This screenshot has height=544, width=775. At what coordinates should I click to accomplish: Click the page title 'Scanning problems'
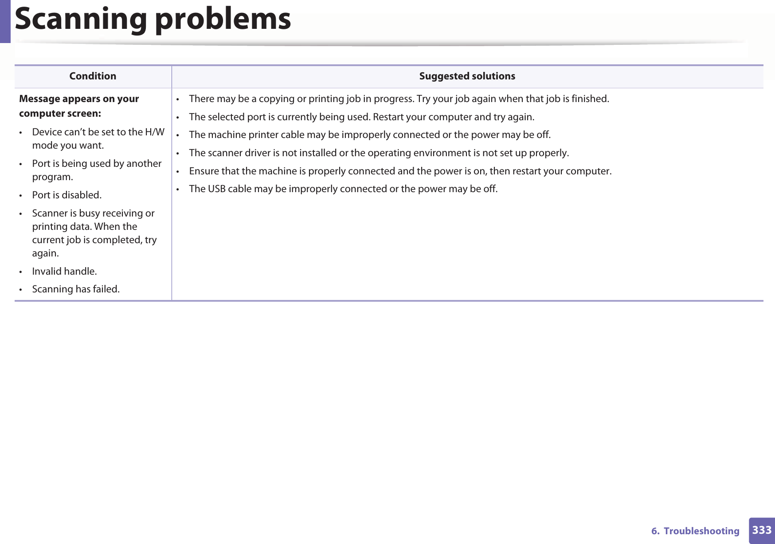tap(153, 20)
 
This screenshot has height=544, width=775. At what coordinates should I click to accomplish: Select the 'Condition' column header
tap(93, 76)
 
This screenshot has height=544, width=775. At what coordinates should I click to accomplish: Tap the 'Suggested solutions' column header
tap(467, 76)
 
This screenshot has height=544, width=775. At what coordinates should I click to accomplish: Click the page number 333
tap(762, 530)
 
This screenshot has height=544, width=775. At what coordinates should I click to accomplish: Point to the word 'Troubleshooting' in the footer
tap(701, 531)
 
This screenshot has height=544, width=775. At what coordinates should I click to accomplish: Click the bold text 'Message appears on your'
tap(79, 99)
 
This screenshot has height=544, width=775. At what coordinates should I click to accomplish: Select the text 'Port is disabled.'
tap(67, 195)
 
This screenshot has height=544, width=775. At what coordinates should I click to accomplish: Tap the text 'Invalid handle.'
tap(64, 272)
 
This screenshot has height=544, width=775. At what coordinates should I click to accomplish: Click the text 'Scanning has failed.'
tap(76, 289)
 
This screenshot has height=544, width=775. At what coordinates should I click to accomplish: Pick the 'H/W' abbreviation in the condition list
tap(155, 132)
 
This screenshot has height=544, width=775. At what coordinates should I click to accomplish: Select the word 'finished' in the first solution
tap(589, 99)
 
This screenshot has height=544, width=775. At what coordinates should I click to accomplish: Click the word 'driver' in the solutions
tap(257, 153)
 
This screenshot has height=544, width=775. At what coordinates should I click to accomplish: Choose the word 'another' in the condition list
tap(144, 164)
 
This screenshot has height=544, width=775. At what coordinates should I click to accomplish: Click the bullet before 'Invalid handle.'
tap(21, 272)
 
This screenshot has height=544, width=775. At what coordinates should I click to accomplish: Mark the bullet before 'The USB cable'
tap(177, 189)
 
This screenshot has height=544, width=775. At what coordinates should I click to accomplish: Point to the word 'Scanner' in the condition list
tap(50, 213)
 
